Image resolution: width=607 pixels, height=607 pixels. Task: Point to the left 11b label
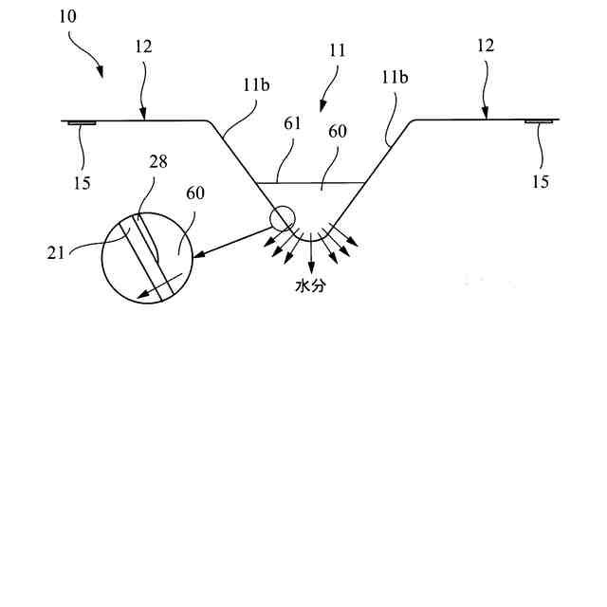(253, 83)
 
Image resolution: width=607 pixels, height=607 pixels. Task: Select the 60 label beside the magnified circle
(196, 193)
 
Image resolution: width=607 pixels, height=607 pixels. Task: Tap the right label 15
(540, 181)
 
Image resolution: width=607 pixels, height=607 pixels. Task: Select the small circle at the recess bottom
(282, 219)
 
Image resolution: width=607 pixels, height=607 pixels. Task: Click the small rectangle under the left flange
(81, 122)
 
